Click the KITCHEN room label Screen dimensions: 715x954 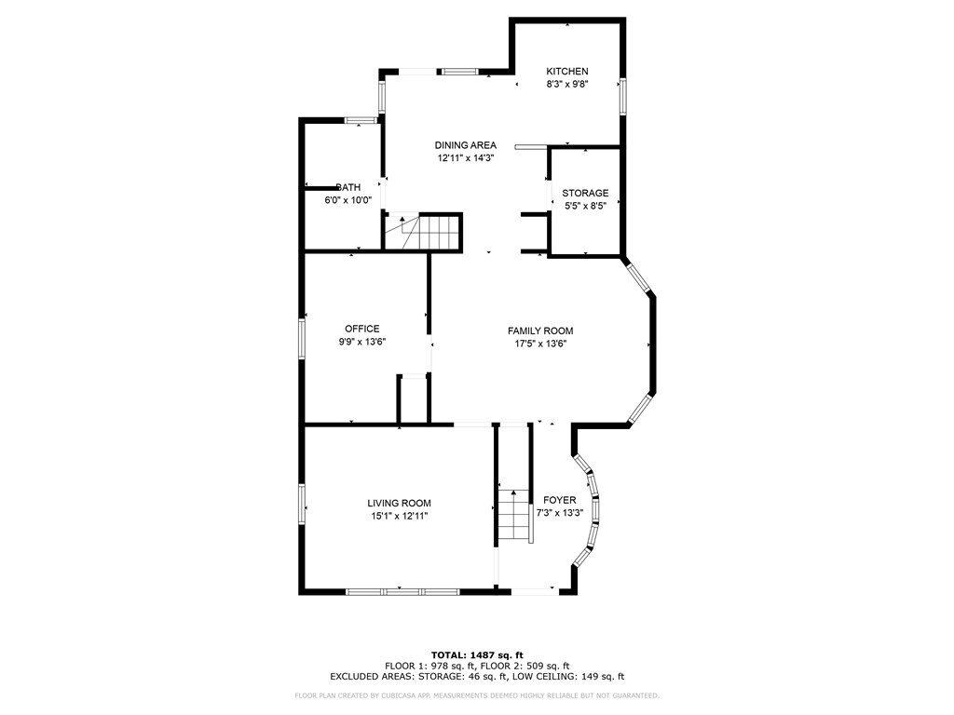coord(566,72)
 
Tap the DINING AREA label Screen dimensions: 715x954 coord(466,145)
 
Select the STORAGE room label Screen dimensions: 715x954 coord(585,194)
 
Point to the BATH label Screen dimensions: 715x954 coord(348,187)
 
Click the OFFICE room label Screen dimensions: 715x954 coord(362,329)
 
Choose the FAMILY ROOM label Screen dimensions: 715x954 coord(540,331)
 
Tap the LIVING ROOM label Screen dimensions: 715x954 coord(399,503)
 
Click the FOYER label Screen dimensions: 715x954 coord(560,500)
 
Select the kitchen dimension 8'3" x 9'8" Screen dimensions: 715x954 coord(566,85)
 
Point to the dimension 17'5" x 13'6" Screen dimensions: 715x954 coord(540,344)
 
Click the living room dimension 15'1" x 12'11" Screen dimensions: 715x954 coord(399,516)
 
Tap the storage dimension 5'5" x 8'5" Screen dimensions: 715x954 coord(585,207)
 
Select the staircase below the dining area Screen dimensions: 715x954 coord(432,231)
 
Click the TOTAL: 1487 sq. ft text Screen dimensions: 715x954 coord(477,654)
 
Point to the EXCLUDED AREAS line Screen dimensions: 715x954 coord(477,677)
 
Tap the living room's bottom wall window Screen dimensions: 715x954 coord(402,590)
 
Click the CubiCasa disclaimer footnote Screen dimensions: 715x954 coord(477,695)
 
